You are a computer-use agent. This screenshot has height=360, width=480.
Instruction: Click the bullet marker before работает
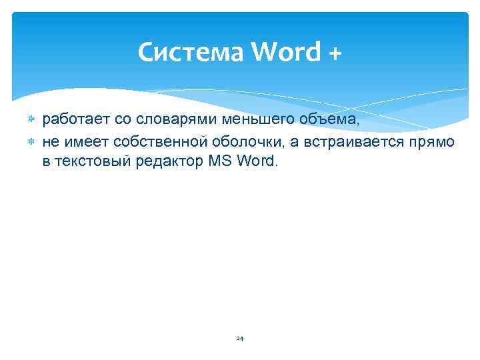[x=31, y=120]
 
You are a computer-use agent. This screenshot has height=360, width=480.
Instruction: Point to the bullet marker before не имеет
[x=31, y=141]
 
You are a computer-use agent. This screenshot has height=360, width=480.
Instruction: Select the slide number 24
[x=240, y=339]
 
